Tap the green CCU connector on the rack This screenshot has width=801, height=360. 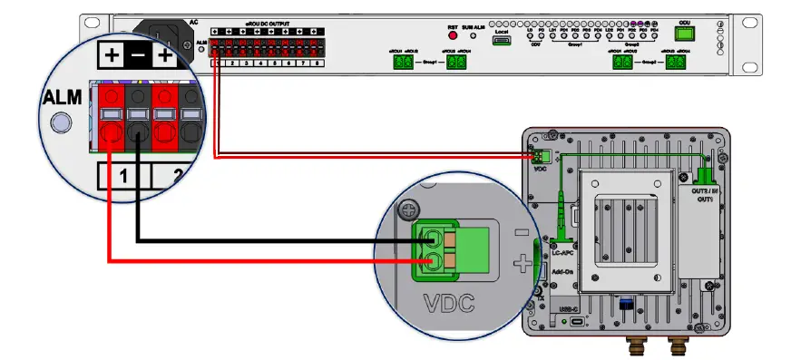coord(686,34)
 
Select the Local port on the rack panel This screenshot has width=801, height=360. coord(502,41)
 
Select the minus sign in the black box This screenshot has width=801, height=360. coord(137,56)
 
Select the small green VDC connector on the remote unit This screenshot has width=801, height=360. coord(542,156)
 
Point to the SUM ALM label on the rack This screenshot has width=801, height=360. coord(474,28)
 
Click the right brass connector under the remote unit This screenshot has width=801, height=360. coord(676,346)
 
